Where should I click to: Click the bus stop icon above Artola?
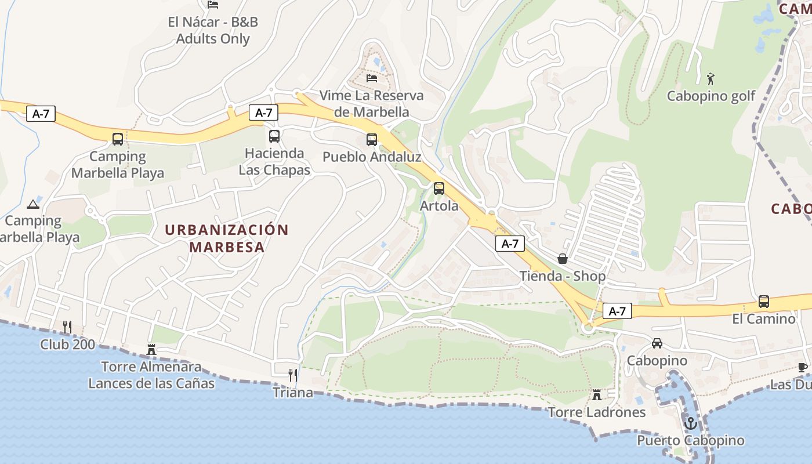[x=439, y=188]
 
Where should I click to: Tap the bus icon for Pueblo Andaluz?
[x=372, y=140]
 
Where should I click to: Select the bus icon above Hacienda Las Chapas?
[x=274, y=136]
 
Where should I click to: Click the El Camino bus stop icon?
[x=764, y=302]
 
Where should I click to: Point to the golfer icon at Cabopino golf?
[x=711, y=78]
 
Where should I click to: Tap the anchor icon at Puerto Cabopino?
[x=690, y=423]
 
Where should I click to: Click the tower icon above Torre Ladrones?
[x=596, y=395]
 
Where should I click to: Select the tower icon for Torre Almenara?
[x=152, y=349]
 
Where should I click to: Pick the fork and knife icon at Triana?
[x=293, y=375]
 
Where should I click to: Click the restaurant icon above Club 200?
[x=67, y=327]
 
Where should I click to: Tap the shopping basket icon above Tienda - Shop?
[x=562, y=259]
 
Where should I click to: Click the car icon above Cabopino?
[x=657, y=343]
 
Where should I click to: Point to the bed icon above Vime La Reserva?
[x=372, y=78]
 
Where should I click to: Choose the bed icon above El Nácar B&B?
[x=213, y=5]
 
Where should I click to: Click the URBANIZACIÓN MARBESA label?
[x=226, y=238]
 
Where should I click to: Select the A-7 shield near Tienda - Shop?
[x=510, y=244]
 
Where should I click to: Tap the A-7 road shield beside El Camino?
[x=617, y=311]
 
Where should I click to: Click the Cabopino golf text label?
[x=711, y=96]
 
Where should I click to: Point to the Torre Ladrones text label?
[x=597, y=412]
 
